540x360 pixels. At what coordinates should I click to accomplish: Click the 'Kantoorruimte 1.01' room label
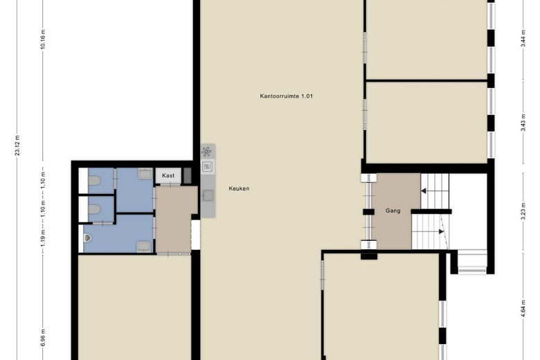(x=286, y=96)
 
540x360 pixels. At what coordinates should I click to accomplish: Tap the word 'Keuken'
(x=239, y=188)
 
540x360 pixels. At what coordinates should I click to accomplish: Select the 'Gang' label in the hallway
(x=393, y=211)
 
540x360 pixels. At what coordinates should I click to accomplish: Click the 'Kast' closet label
(x=168, y=176)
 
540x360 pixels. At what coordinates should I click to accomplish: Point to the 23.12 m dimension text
(x=17, y=145)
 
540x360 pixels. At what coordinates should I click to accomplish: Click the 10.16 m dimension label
(x=43, y=39)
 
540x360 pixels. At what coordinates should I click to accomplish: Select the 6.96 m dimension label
(x=43, y=338)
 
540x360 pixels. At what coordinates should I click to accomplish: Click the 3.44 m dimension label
(x=523, y=39)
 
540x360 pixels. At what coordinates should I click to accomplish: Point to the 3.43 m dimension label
(x=523, y=123)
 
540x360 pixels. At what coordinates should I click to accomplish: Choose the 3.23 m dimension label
(x=523, y=211)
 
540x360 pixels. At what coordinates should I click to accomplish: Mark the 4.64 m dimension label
(x=523, y=308)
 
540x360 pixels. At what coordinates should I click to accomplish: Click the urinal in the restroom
(x=87, y=237)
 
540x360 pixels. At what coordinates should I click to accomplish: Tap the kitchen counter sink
(x=208, y=196)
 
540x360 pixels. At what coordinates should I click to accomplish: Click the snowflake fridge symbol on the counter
(x=206, y=152)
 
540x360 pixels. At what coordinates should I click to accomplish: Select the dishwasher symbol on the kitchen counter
(x=207, y=167)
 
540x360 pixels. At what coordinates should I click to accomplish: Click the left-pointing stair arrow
(x=424, y=191)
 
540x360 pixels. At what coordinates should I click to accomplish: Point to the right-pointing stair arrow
(x=441, y=232)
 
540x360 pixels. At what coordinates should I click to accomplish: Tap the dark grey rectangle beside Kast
(x=187, y=175)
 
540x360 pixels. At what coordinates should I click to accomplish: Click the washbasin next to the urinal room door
(x=143, y=246)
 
